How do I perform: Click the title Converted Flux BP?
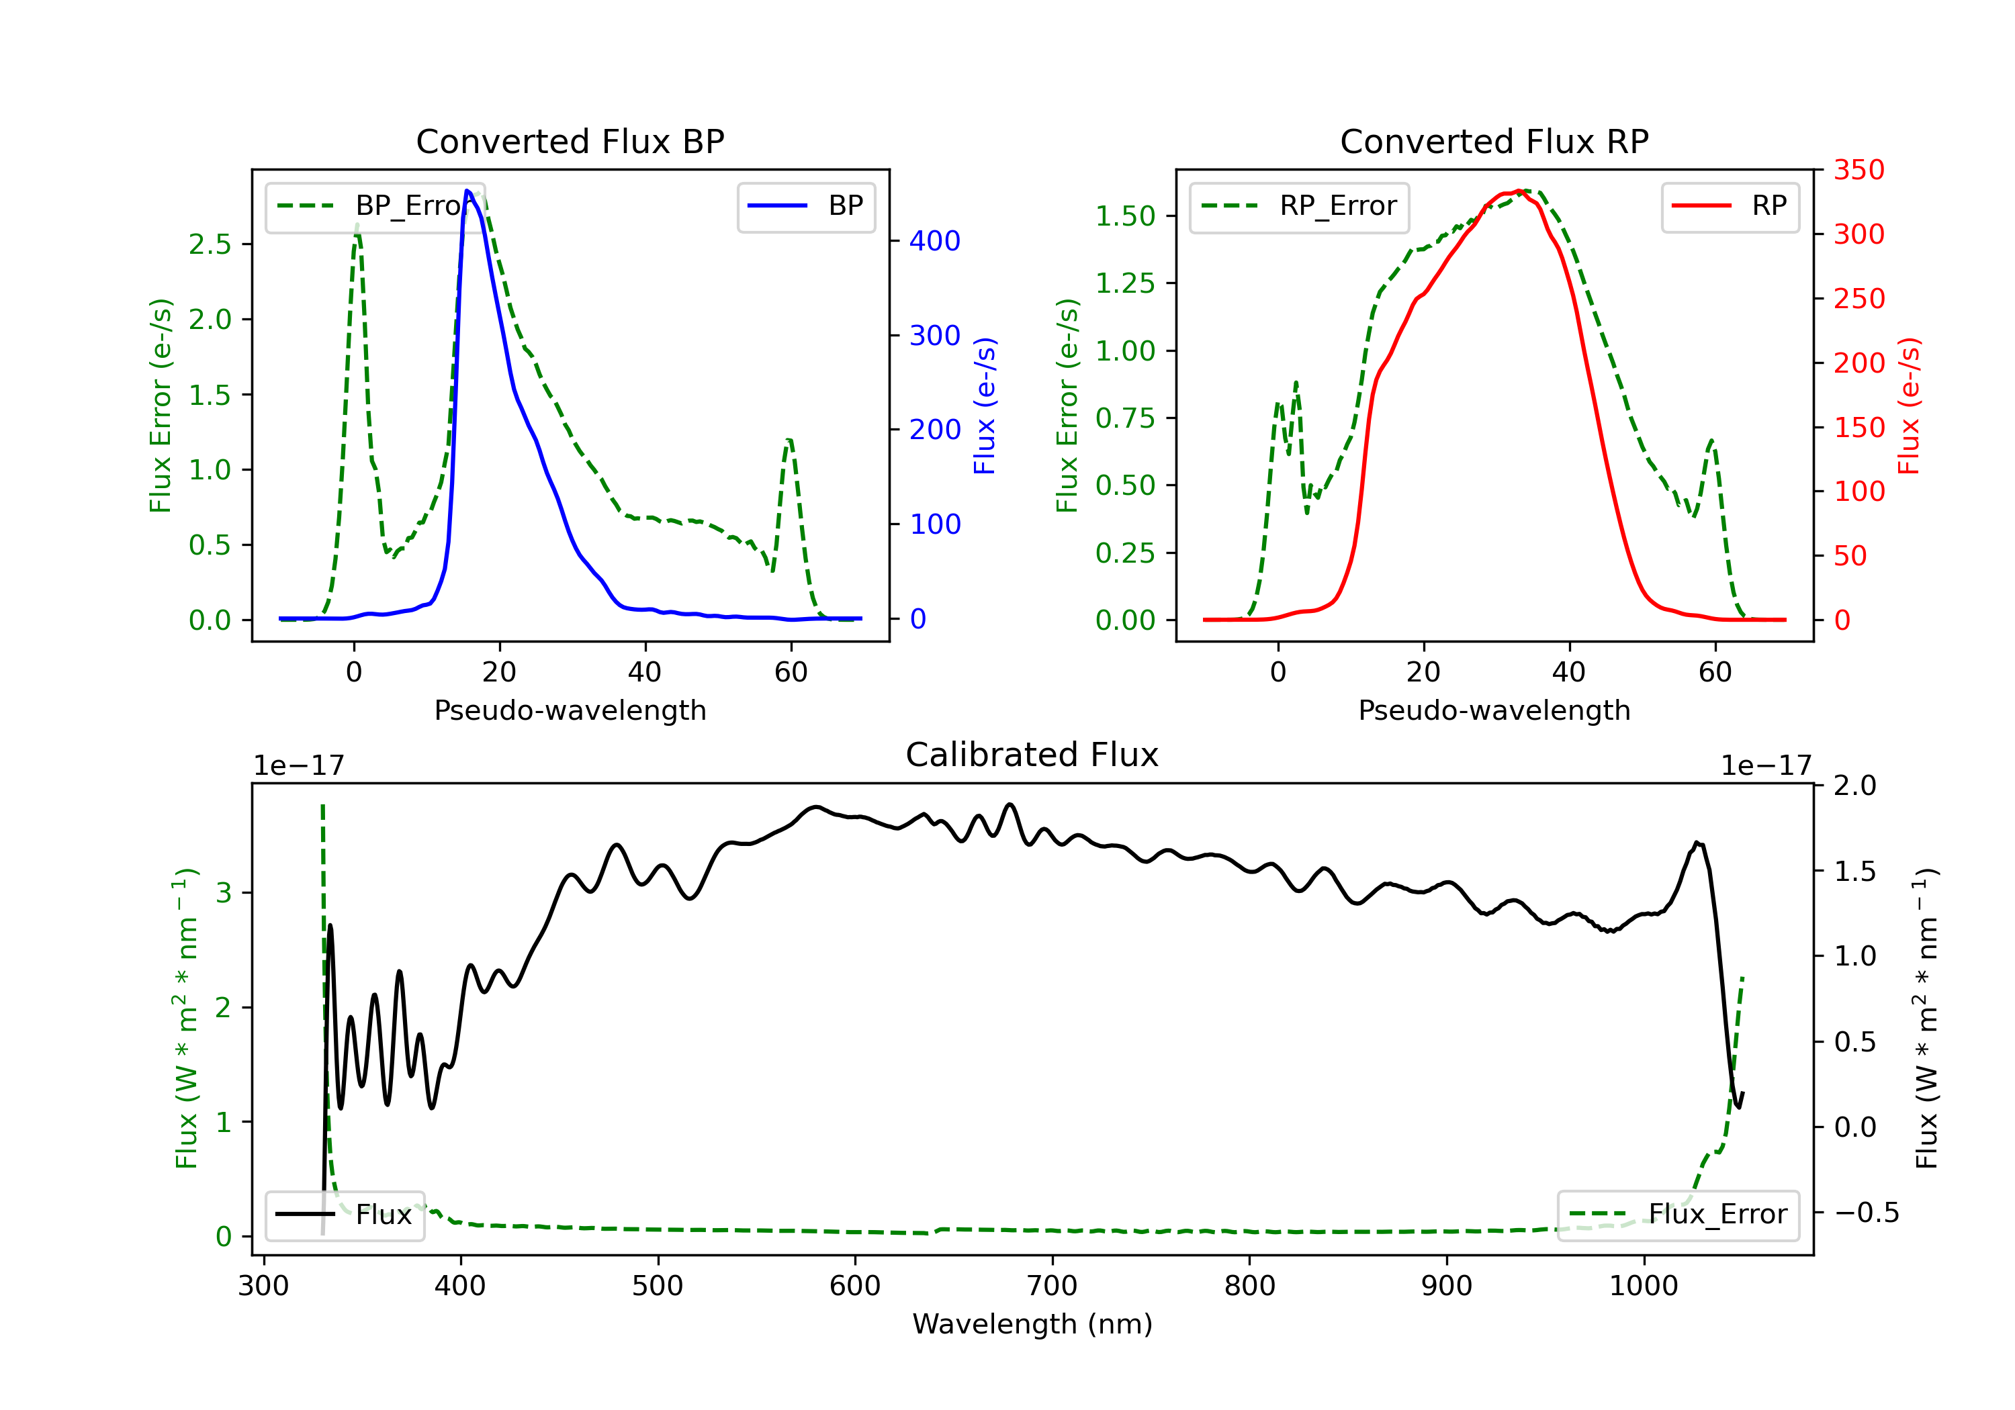(x=570, y=141)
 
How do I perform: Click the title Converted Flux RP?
(x=1494, y=141)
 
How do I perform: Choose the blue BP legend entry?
(x=807, y=206)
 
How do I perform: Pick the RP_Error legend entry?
(x=1299, y=206)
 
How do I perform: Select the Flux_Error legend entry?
(x=1678, y=1215)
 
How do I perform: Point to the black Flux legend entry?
(x=345, y=1215)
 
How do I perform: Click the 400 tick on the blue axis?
(x=935, y=240)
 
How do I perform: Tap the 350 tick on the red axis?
(x=1859, y=171)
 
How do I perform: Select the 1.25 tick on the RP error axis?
(x=1124, y=283)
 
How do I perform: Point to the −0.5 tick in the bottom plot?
(x=1866, y=1213)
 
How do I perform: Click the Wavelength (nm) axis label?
(x=1032, y=1324)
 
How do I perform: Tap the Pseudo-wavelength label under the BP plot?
(x=570, y=710)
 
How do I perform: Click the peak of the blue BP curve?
(x=467, y=191)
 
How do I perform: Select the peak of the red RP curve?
(x=1517, y=191)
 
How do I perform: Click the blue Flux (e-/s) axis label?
(x=985, y=406)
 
